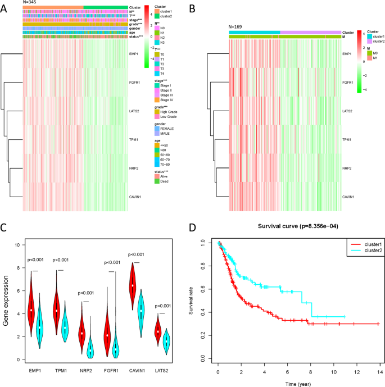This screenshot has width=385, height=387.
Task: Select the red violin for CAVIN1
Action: [x=133, y=287]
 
